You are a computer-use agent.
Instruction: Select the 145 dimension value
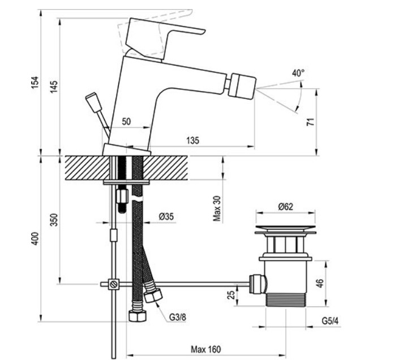tap(54, 87)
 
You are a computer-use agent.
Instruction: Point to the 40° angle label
tap(298, 73)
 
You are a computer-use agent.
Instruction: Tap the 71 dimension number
tap(311, 122)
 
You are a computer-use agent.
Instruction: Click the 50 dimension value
tap(126, 121)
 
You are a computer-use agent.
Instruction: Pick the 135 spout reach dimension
tap(192, 140)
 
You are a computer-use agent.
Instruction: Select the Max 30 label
tap(217, 208)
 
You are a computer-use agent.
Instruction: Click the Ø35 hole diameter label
tap(166, 216)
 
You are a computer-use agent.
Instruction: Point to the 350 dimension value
tap(54, 220)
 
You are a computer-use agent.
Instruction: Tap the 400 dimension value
tap(35, 238)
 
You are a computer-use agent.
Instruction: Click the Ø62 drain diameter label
tap(285, 206)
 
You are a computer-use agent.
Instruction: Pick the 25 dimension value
tap(231, 295)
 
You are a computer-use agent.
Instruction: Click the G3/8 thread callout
tap(178, 317)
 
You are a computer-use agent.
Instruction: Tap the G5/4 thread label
tap(330, 321)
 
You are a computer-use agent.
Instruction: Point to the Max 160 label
tap(206, 349)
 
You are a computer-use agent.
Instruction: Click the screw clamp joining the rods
tap(114, 284)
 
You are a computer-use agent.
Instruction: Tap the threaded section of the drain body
tap(285, 299)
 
